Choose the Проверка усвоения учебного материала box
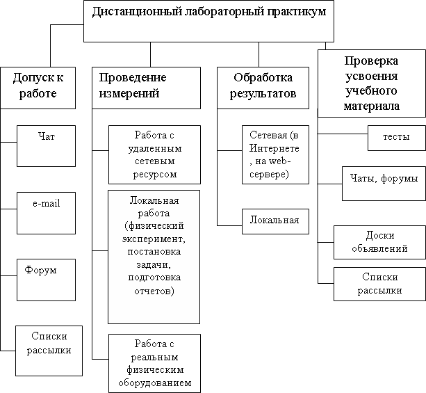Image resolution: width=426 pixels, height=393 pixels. (x=371, y=83)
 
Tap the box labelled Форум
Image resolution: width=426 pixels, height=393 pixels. (x=46, y=276)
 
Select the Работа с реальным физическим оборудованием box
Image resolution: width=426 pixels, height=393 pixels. (x=154, y=362)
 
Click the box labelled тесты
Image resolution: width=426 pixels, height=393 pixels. (x=396, y=137)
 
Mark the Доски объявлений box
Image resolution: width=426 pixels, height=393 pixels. (x=379, y=241)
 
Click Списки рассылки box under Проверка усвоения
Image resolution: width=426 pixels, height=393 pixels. (x=379, y=283)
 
